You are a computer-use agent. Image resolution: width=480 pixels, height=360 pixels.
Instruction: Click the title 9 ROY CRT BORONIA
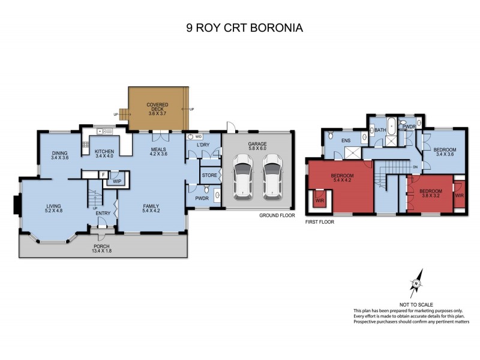click(240, 27)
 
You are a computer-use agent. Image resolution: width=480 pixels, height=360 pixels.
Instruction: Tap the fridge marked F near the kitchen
click(103, 175)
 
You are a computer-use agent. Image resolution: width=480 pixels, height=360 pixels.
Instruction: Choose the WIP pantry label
click(117, 180)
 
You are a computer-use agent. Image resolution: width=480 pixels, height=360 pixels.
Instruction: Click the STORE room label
click(208, 176)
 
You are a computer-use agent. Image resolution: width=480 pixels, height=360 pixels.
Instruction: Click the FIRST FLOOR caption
click(319, 221)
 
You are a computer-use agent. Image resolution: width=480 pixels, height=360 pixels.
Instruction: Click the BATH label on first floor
click(380, 130)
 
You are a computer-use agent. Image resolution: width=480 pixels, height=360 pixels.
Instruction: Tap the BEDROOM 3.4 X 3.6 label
click(445, 152)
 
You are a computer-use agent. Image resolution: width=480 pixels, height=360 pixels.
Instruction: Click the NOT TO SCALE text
click(416, 305)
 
